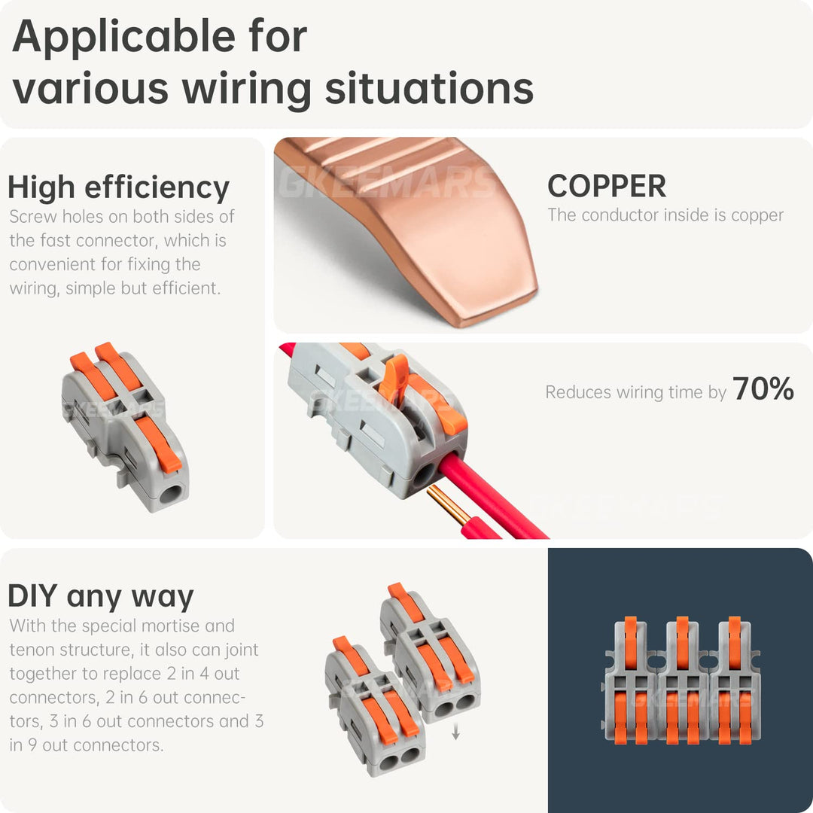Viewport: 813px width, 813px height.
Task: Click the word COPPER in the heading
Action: (606, 186)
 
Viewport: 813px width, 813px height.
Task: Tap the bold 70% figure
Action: (763, 389)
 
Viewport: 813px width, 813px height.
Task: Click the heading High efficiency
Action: (118, 187)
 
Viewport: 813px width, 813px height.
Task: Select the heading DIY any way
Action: (100, 596)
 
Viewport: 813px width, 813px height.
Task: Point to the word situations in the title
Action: (429, 88)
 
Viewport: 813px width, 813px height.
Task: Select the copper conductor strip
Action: (422, 226)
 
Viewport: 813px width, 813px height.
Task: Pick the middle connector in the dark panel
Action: (681, 681)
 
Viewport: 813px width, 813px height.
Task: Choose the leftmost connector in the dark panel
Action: (629, 681)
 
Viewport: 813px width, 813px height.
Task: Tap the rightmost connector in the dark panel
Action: (734, 681)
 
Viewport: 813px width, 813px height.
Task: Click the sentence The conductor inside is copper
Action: (665, 215)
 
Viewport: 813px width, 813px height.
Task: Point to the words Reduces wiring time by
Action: (635, 392)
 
